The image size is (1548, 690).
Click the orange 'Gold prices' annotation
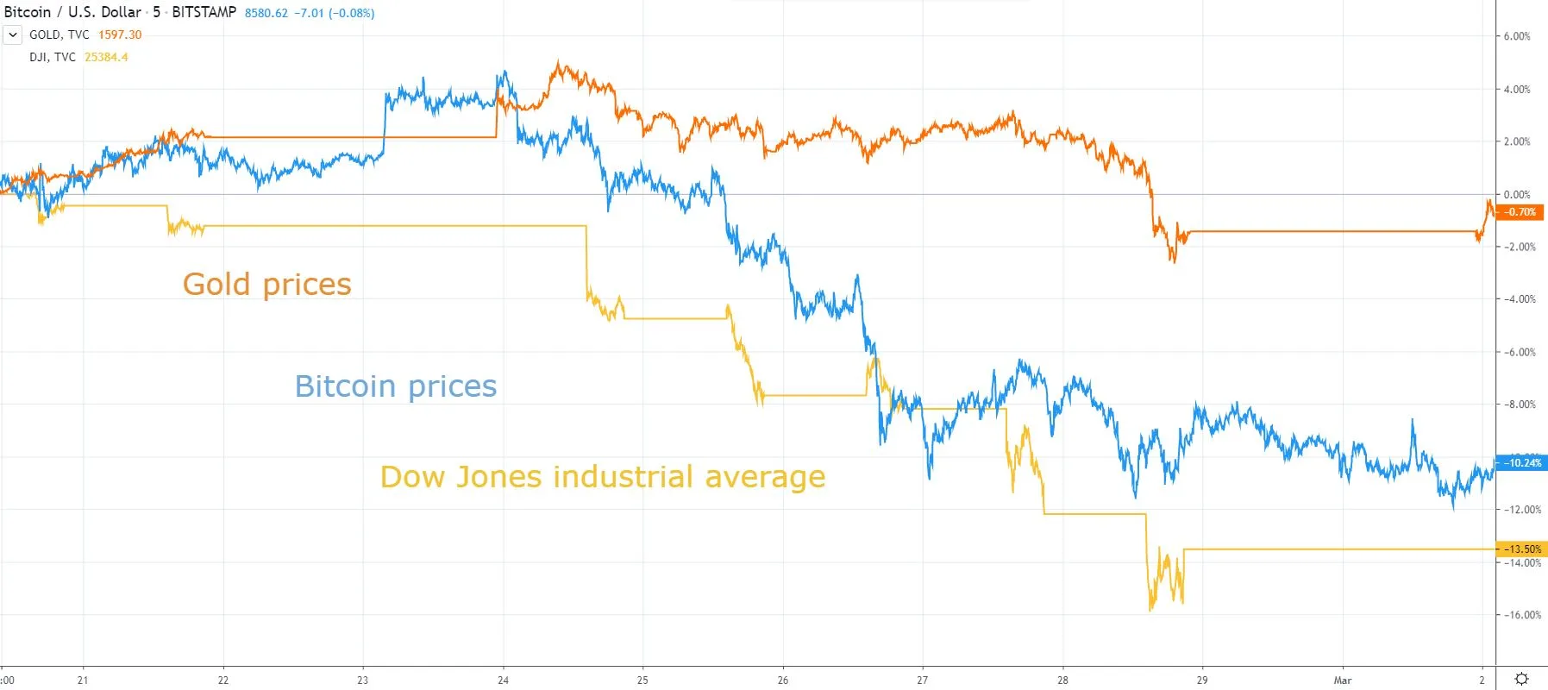coord(266,285)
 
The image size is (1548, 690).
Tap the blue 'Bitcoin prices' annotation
coord(395,386)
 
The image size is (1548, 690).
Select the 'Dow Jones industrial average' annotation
coord(602,477)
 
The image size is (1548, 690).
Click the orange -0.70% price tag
coord(1520,212)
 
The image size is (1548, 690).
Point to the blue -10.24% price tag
coord(1520,463)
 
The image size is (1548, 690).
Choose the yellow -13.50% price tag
coord(1520,549)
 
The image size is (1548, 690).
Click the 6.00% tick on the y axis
coord(1516,36)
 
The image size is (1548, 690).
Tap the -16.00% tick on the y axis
coord(1522,615)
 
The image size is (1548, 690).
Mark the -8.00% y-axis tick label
coord(1520,405)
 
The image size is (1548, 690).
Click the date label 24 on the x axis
coord(503,681)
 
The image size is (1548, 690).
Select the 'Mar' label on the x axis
coord(1343,681)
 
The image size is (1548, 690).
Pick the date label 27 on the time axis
coord(922,681)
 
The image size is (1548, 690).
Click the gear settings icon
coord(1521,679)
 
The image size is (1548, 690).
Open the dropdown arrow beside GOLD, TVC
coord(13,34)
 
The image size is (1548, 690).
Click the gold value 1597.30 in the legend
coord(120,34)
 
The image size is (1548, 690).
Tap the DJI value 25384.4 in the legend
coord(106,57)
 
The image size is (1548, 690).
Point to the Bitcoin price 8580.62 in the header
coord(266,13)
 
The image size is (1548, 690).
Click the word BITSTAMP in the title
coord(204,12)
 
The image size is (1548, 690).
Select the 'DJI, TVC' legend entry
coord(53,57)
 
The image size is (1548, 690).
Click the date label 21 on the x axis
coord(83,681)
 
